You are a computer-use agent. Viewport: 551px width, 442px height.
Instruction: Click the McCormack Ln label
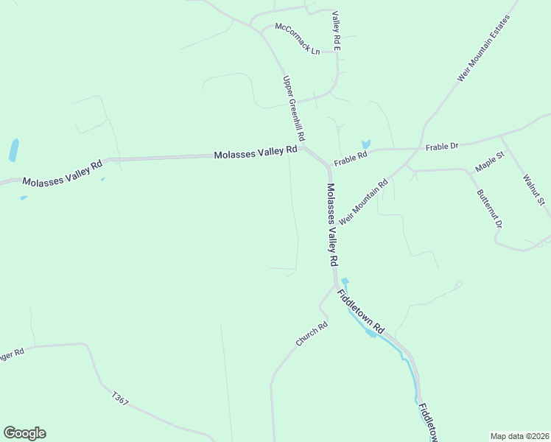[x=298, y=39]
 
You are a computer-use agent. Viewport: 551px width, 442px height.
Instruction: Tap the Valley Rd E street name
[x=336, y=31]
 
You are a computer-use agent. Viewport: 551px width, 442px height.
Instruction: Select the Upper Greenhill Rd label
[x=294, y=108]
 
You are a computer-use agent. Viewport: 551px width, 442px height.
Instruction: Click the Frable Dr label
[x=442, y=147]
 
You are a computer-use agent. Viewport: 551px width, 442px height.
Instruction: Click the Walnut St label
[x=533, y=189]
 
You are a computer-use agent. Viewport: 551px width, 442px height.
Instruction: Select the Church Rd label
[x=311, y=334]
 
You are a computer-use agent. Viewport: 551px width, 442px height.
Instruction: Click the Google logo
[x=24, y=433]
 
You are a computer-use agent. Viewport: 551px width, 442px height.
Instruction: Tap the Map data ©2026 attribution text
[x=520, y=436]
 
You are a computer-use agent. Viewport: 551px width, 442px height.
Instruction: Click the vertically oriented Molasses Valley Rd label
[x=331, y=225]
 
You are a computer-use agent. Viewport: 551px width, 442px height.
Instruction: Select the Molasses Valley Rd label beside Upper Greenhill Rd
[x=255, y=153]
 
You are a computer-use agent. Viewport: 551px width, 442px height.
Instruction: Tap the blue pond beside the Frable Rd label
[x=365, y=144]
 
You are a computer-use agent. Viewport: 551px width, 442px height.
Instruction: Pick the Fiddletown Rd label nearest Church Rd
[x=361, y=311]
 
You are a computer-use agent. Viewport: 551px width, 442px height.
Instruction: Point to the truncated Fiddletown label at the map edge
[x=428, y=422]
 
